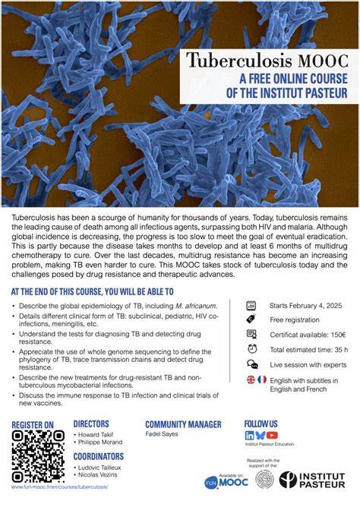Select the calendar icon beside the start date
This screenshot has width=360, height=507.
click(251, 305)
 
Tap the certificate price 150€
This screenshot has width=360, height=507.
click(334, 335)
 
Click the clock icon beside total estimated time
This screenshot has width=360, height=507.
click(251, 349)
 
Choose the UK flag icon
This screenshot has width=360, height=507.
click(251, 379)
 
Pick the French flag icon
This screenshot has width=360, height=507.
click(262, 379)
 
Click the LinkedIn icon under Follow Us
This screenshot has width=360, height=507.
click(249, 435)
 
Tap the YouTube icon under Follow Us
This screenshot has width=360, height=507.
click(272, 435)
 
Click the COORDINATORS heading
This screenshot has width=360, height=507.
click(101, 457)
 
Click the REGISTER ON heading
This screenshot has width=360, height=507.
click(33, 424)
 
